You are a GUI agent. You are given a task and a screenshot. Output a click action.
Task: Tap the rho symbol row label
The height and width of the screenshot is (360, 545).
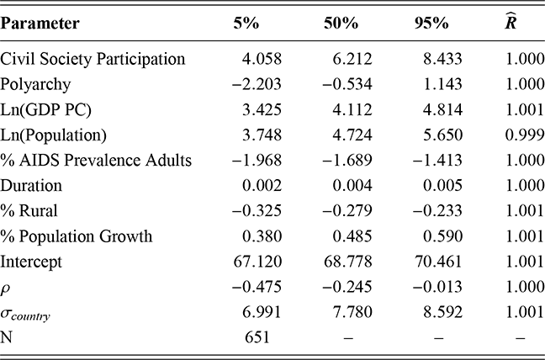(7, 288)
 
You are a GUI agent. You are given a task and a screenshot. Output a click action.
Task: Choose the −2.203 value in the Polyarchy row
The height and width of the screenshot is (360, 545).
(250, 84)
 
